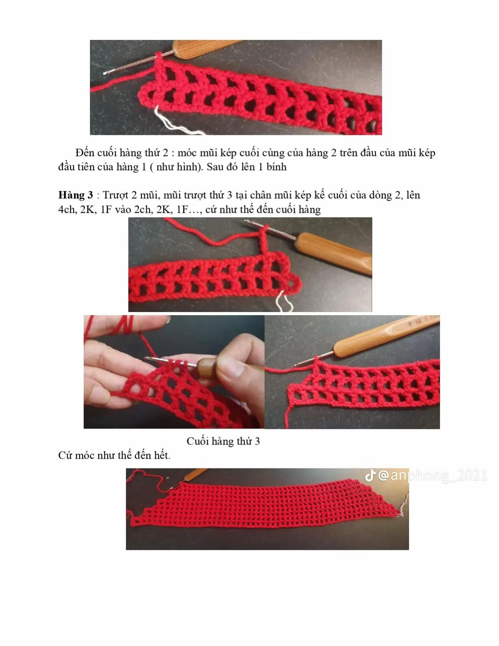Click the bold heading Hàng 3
point(75,195)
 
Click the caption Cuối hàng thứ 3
point(223,441)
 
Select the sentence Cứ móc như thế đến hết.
point(114,455)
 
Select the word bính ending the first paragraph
point(276,167)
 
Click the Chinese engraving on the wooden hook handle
point(422,321)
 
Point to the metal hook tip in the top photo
point(106,72)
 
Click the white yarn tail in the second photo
point(284,300)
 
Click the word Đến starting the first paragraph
point(85,153)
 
